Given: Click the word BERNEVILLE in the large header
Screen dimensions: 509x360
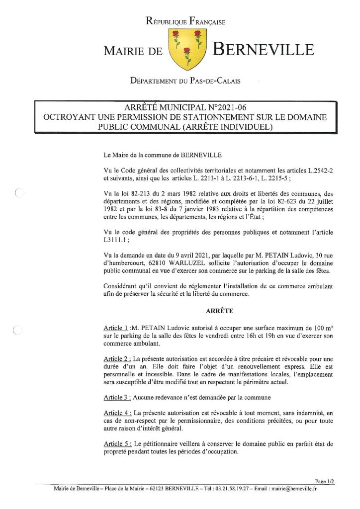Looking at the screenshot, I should (x=264, y=50).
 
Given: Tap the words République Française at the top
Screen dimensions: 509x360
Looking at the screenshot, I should (x=185, y=21).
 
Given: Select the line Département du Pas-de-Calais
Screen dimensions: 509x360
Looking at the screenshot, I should (x=185, y=81).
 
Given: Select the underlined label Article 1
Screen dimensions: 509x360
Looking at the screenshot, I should (x=116, y=328).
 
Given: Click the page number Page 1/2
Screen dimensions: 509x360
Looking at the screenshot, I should (x=325, y=481).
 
